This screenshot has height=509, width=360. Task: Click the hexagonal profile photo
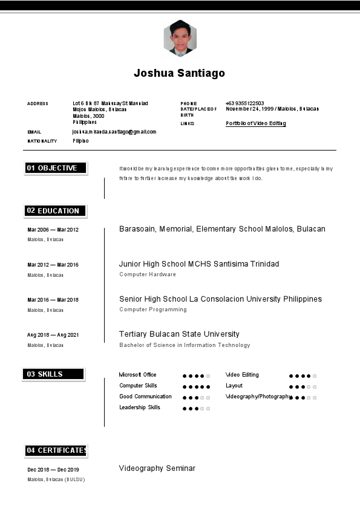point(180,39)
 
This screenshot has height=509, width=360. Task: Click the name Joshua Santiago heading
point(179,73)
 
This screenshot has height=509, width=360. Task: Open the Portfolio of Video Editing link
point(255,123)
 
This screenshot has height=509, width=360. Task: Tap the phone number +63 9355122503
point(244,103)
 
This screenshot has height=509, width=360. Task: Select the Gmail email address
point(114,132)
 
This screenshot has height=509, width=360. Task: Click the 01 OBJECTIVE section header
point(56,168)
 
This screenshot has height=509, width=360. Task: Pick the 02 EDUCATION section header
point(56,211)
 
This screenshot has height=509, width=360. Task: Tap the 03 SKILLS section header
point(53,374)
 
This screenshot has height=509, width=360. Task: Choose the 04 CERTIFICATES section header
point(56,450)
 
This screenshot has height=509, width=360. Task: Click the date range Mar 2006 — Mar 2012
point(53,230)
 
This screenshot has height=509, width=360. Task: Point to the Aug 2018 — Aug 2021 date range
point(53,335)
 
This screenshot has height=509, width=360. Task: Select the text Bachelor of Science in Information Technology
point(185,345)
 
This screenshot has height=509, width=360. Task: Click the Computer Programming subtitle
point(152,310)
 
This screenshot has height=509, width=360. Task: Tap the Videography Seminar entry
point(157,468)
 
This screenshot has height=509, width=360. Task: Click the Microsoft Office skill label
point(137,375)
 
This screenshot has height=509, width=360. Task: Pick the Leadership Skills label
point(140,407)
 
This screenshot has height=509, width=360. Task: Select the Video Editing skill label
point(242,375)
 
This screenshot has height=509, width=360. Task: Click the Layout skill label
point(234,386)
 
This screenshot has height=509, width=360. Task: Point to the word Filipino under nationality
point(80,141)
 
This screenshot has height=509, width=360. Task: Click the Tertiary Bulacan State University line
point(179,334)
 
